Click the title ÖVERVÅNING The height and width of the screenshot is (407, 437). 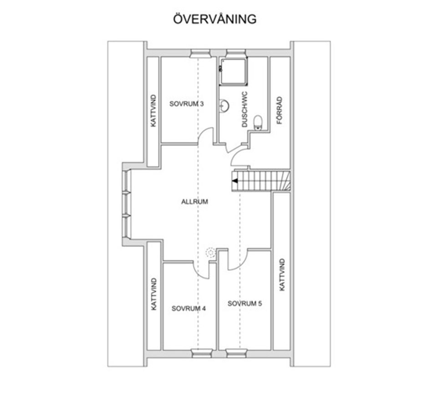click(x=215, y=19)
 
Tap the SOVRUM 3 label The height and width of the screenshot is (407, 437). click(x=186, y=104)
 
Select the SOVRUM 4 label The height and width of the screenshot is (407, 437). click(x=188, y=308)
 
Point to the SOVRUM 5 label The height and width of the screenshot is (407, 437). click(x=245, y=304)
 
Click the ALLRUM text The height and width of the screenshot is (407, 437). click(x=194, y=202)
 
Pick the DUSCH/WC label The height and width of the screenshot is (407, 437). click(x=244, y=110)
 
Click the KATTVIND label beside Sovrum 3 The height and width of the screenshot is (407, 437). click(x=153, y=111)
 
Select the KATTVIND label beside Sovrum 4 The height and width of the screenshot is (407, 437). click(x=154, y=294)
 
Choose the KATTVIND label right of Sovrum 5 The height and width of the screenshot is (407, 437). click(x=282, y=275)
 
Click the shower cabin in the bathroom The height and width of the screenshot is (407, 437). click(x=234, y=71)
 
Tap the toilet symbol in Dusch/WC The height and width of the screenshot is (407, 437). click(x=258, y=122)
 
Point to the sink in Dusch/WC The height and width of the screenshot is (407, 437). click(x=224, y=106)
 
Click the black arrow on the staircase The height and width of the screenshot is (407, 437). click(x=235, y=181)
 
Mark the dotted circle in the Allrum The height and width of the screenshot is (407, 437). click(x=210, y=252)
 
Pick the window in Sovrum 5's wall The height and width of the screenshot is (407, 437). click(x=236, y=353)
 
